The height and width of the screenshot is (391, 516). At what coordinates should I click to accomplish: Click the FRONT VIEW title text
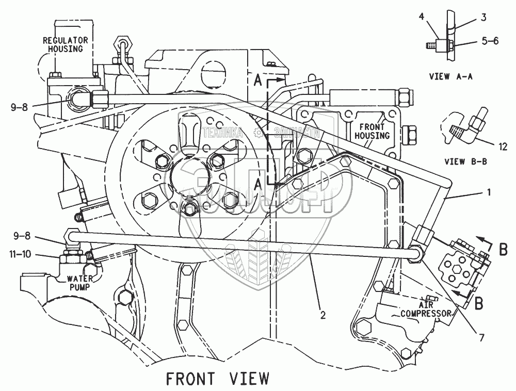coord(217,378)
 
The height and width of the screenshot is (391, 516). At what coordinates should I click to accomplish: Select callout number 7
coord(481,338)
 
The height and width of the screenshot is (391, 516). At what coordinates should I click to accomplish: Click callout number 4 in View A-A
coord(422,17)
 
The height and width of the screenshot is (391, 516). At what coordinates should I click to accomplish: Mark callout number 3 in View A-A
coord(483,17)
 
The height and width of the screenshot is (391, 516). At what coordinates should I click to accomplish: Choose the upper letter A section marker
coord(259,81)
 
